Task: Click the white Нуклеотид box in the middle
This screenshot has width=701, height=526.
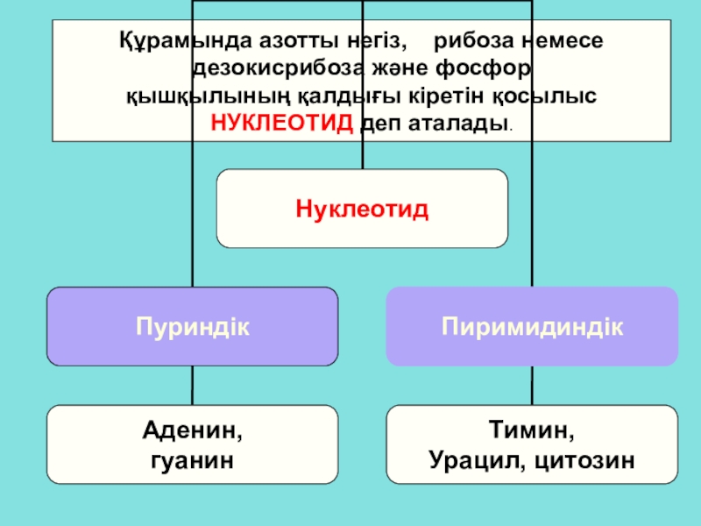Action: [x=362, y=209]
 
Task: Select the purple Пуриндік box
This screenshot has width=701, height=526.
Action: [x=192, y=326]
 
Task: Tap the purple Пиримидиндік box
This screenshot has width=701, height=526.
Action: [x=532, y=326]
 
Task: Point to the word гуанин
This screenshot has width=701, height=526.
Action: [x=192, y=458]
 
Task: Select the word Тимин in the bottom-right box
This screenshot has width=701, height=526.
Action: [x=532, y=431]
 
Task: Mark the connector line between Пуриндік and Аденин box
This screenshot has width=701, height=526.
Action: [x=192, y=385]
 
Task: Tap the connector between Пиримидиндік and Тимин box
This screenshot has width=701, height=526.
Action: [x=531, y=385]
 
